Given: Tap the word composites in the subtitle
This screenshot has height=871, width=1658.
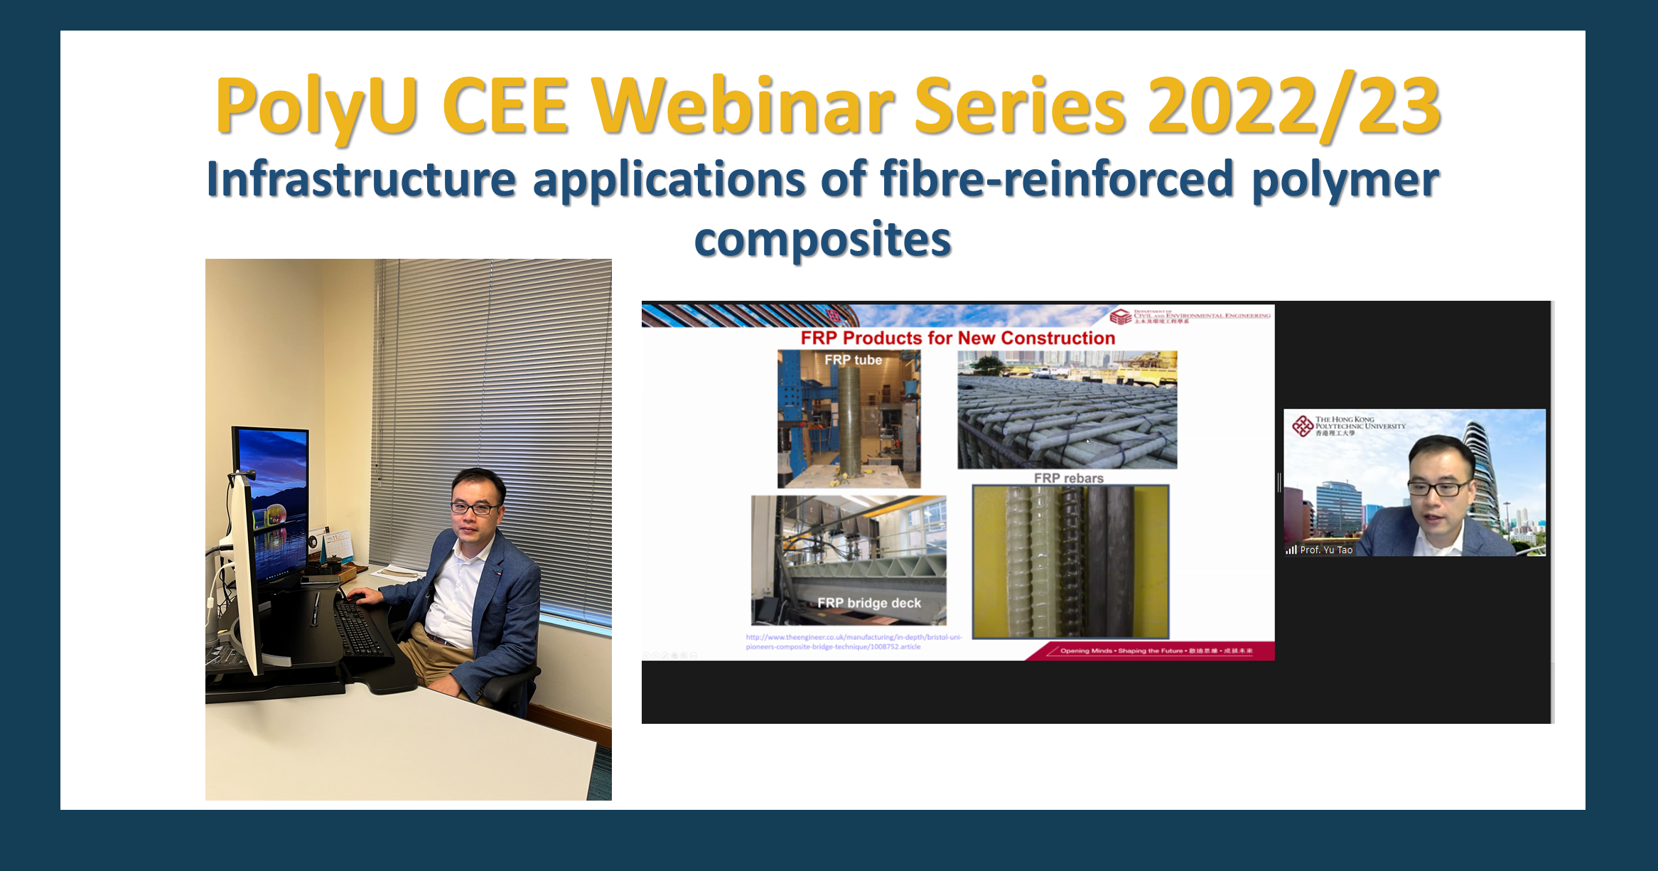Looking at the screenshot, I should coord(822,240).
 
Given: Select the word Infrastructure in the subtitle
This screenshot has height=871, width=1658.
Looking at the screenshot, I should coord(360,179).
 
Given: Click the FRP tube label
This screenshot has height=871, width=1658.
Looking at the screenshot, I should coord(853,360).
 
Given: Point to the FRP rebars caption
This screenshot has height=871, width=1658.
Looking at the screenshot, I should coord(1068,478).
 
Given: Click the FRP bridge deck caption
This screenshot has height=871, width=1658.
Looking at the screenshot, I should coord(868,603).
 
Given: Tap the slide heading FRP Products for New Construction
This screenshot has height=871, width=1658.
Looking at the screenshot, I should coord(957,338).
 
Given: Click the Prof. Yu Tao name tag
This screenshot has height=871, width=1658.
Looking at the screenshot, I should coord(1325,550).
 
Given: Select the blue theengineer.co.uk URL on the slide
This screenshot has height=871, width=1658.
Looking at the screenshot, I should coord(853,642).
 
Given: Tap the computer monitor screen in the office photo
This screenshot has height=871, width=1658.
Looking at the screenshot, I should coord(274,498).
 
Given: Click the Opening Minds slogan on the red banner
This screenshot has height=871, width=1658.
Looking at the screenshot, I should coord(1155,651).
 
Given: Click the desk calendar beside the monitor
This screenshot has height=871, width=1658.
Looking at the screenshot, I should coord(338,544).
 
